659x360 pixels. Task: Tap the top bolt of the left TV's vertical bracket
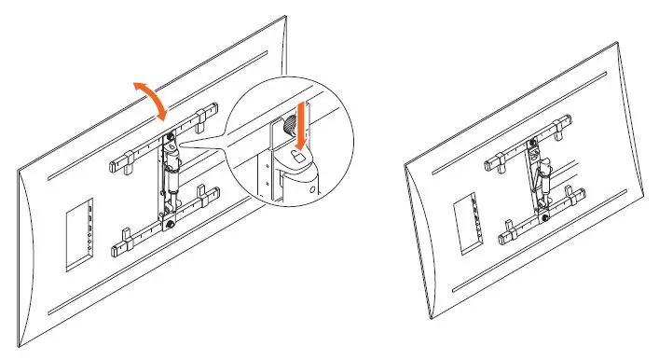[x=171, y=140]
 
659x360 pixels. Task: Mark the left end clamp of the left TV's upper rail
[x=119, y=166]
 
